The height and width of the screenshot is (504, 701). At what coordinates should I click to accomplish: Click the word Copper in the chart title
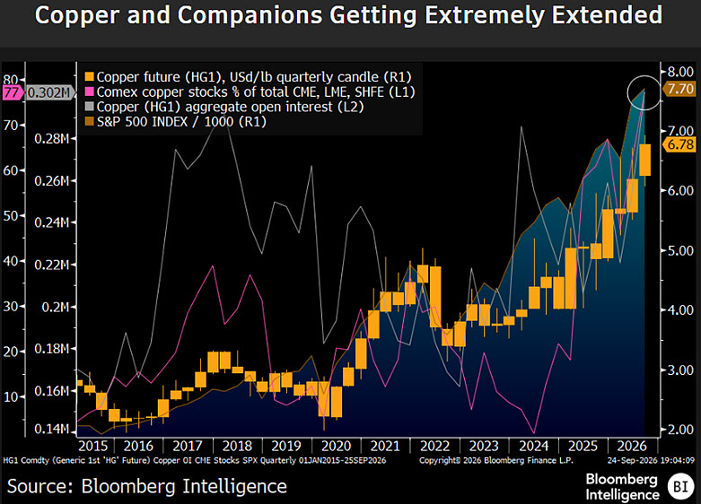point(77,15)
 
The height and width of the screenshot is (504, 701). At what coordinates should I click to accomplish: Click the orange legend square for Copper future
point(90,77)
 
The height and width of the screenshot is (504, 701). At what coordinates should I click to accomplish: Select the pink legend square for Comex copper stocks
point(90,91)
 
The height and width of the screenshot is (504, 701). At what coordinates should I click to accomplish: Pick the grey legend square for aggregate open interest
point(90,107)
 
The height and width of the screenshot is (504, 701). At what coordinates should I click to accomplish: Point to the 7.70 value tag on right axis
point(679,89)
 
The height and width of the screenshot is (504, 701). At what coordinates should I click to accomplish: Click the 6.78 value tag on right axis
point(679,144)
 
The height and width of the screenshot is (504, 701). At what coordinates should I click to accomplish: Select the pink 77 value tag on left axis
point(12,93)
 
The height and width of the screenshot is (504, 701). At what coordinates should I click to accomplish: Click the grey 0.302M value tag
point(48,93)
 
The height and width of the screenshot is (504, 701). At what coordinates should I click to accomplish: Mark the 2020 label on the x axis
point(337,446)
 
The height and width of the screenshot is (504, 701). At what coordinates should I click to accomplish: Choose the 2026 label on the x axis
point(632,446)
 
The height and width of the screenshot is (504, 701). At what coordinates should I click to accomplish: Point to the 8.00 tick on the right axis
point(680,72)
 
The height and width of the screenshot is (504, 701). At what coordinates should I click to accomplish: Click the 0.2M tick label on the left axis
point(56,307)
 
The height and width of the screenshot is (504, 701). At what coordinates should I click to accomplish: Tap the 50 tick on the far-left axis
point(11,216)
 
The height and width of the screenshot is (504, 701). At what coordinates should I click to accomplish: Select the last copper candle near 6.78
point(644,160)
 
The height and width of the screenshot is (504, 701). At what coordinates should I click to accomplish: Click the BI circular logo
point(680,486)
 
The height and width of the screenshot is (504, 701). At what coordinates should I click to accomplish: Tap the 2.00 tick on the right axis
point(680,430)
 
